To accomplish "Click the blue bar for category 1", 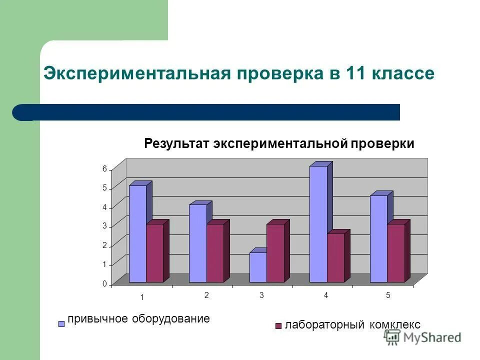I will click(137, 233).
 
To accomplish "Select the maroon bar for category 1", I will click(155, 253).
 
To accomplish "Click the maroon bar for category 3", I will click(275, 253).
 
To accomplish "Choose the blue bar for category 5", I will click(378, 238).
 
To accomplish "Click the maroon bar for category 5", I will click(396, 253).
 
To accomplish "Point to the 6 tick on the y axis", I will click(104, 169).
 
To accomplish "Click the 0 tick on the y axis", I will click(104, 284).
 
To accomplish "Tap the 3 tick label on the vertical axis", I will click(104, 226).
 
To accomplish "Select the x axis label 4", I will click(326, 295).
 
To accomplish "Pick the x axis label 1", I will click(142, 297).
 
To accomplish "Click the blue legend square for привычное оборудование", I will click(62, 323).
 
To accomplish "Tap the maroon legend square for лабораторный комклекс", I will click(278, 326).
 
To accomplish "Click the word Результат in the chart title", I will click(177, 144).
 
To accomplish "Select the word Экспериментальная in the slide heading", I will click(136, 73).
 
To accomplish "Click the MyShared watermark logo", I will click(422, 337).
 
